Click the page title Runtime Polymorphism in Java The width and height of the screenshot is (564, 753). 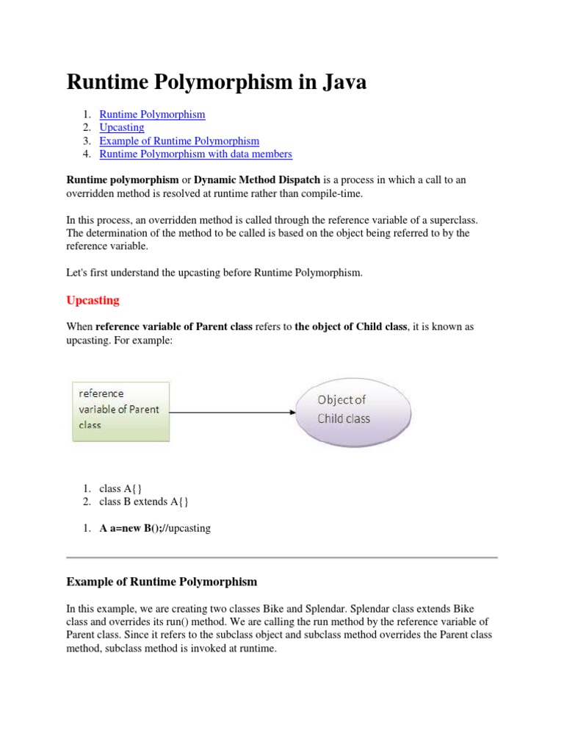(x=217, y=82)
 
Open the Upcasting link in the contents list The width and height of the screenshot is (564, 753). (x=122, y=127)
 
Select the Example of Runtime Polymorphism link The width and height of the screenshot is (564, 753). (x=179, y=140)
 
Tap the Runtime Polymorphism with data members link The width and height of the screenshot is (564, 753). (x=195, y=154)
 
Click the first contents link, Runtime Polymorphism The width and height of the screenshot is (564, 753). (x=152, y=114)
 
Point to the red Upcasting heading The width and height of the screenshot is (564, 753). (x=93, y=300)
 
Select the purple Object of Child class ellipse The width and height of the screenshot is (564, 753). (x=352, y=410)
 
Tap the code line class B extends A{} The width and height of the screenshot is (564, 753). (x=144, y=502)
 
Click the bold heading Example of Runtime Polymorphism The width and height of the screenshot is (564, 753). (x=162, y=582)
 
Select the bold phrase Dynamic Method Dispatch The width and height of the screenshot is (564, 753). (x=257, y=180)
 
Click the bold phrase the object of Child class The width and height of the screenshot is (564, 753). (x=350, y=326)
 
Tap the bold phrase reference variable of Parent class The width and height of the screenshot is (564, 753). (x=174, y=326)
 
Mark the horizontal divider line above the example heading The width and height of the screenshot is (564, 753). (x=282, y=557)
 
